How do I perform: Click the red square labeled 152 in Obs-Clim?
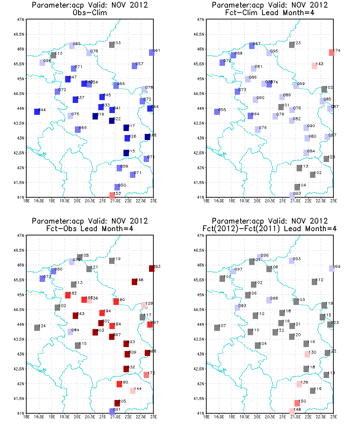coord(112,195)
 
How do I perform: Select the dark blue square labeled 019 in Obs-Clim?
coord(95,116)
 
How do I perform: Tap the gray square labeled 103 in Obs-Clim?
coord(112,45)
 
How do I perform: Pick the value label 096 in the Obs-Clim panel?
coord(47,61)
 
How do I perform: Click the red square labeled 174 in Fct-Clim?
coord(332,53)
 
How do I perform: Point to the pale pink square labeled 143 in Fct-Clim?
coord(314,66)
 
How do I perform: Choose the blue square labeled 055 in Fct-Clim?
coord(217,112)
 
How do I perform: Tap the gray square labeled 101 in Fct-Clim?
coord(281,107)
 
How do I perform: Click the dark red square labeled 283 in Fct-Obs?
coord(152,268)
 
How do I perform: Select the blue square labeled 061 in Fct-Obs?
coord(112,411)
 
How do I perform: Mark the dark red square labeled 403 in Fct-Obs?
coord(95,332)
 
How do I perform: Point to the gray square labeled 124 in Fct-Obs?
coord(37,328)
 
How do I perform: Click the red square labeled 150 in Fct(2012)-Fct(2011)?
coord(297,403)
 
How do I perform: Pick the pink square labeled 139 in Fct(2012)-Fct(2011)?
coord(299,384)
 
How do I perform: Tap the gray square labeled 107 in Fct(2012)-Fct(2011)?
coord(217,328)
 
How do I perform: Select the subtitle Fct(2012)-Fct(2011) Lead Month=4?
coord(270,228)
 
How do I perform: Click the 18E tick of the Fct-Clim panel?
coord(206,201)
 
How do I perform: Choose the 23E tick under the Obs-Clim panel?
coord(154,201)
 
